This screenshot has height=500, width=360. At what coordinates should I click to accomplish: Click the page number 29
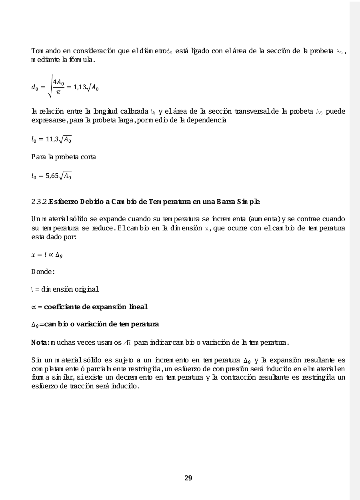pos(188,478)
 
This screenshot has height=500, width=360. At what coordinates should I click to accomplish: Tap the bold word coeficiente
pos(66,307)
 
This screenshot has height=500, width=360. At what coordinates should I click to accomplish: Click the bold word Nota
pos(40,342)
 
